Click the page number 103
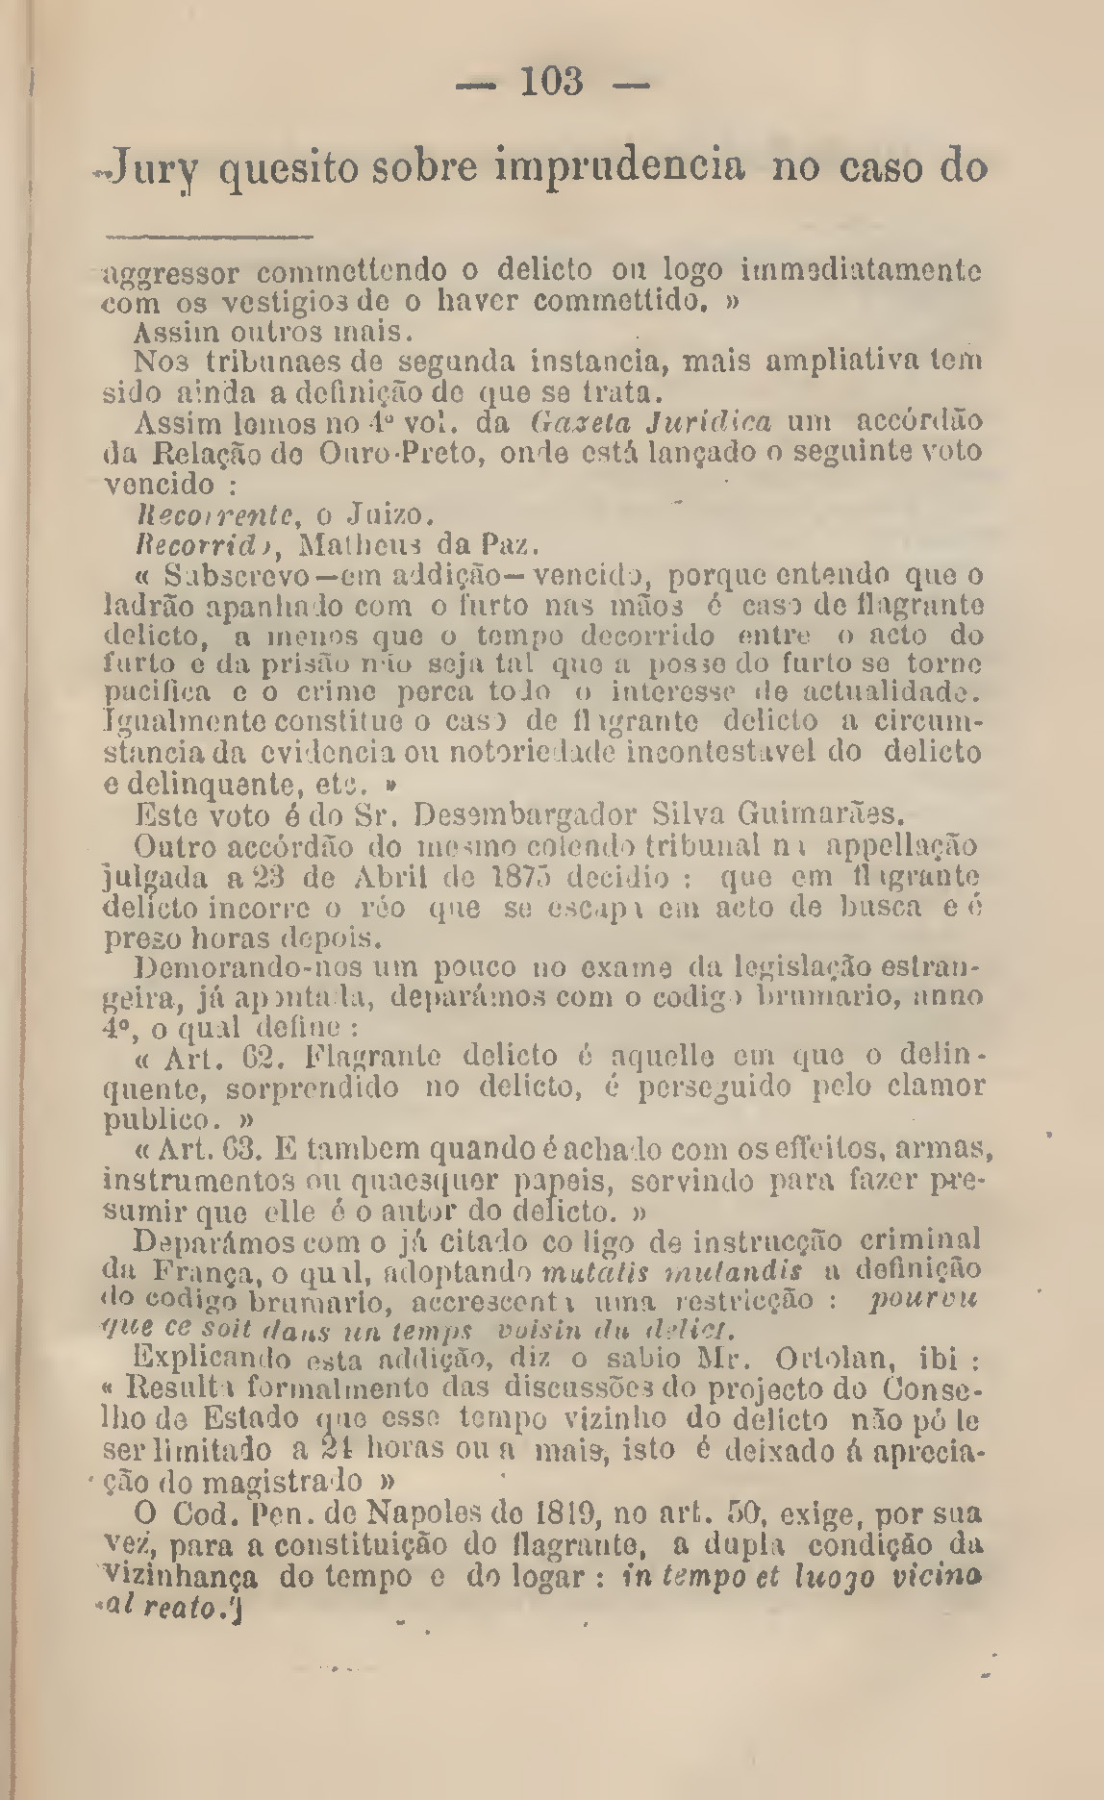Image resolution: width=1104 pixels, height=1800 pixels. pyautogui.click(x=552, y=83)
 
